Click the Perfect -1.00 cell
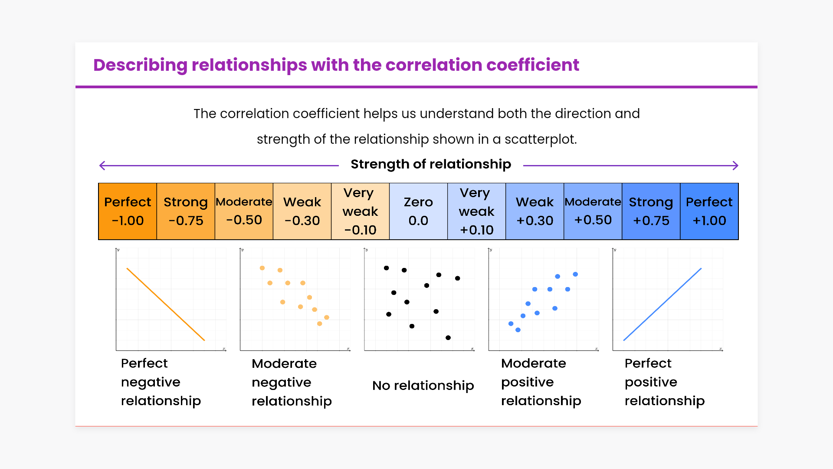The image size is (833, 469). coord(128,211)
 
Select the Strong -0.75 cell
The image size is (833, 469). coord(186,211)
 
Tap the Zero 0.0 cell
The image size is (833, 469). coord(418,211)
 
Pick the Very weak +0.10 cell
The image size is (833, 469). coord(476,211)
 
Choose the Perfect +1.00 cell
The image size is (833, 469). coord(709,211)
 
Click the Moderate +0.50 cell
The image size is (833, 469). coord(593,211)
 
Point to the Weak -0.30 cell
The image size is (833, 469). coord(302,211)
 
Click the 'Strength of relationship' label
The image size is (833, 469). coord(431,164)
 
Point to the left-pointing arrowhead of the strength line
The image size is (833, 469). coord(102,165)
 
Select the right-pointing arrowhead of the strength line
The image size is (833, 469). coord(735,165)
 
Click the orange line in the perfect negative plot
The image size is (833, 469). coord(165,304)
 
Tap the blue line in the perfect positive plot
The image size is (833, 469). coord(662,304)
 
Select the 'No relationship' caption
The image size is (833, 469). coord(423,386)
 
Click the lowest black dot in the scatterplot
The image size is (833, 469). coord(448,337)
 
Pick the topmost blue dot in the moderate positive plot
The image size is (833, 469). coord(575,274)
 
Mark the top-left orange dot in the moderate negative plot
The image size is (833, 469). coord(262,268)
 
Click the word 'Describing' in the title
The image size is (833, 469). coord(140,65)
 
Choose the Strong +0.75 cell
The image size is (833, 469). coord(651,211)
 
